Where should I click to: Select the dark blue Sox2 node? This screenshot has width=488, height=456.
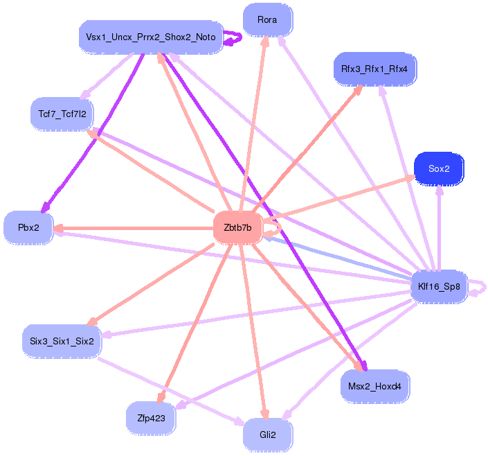point(439,169)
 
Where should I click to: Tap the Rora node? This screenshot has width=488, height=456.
point(267,20)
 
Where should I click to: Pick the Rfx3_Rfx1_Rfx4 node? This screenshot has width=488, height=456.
point(374,69)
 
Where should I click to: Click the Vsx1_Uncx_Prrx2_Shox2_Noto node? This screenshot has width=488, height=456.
point(150,37)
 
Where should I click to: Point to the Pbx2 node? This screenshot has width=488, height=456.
point(28,227)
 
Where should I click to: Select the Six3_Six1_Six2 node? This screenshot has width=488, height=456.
point(62,341)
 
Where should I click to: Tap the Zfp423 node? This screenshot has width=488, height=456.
point(150,417)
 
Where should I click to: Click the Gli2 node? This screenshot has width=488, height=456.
point(267,435)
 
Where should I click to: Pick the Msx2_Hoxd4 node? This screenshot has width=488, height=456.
point(374,385)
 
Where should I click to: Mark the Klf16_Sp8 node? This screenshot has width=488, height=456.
point(439,286)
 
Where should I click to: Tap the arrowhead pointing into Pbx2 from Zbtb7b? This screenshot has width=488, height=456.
point(58,227)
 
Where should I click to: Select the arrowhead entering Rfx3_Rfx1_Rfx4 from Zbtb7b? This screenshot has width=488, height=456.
point(359,89)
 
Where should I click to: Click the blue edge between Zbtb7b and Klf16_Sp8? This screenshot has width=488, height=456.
point(339,257)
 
